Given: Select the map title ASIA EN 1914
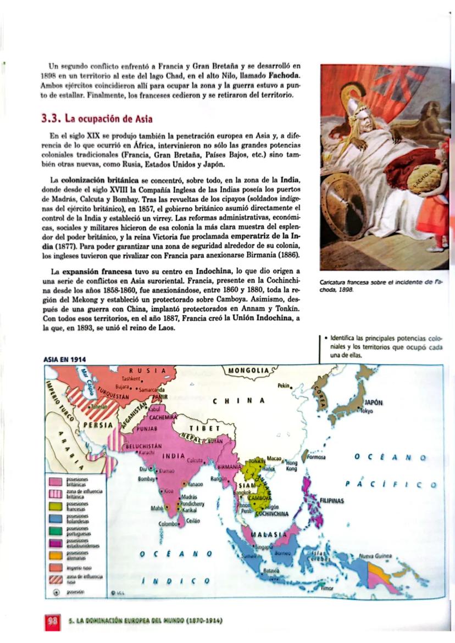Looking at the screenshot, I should click(x=64, y=359).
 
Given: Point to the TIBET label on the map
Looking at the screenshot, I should click(x=203, y=428).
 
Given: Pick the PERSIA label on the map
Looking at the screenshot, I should click(x=99, y=424).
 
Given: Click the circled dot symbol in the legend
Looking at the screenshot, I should click(x=56, y=592).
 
